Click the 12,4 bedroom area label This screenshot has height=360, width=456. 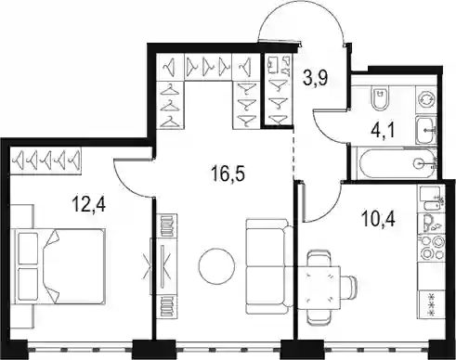[x=89, y=204]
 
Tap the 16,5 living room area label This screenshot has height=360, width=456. [x=228, y=174]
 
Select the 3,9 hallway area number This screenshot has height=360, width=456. [x=316, y=79]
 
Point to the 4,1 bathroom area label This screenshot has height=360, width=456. [x=383, y=131]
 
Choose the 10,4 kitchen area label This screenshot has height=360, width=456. [x=378, y=220]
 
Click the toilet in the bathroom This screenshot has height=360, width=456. [x=380, y=99]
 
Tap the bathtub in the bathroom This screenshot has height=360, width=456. [x=396, y=163]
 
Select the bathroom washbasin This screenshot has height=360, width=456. [x=426, y=130]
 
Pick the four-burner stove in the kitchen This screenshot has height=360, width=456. [x=431, y=248]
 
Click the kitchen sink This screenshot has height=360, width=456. [x=431, y=223]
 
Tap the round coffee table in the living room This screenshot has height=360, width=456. [x=216, y=265]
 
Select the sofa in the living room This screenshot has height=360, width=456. [x=269, y=266]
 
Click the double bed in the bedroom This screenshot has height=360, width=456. [x=59, y=266]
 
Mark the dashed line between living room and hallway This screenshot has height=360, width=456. [x=293, y=153]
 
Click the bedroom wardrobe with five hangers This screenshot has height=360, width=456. [x=46, y=160]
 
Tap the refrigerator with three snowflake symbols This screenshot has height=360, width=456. [x=431, y=305]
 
